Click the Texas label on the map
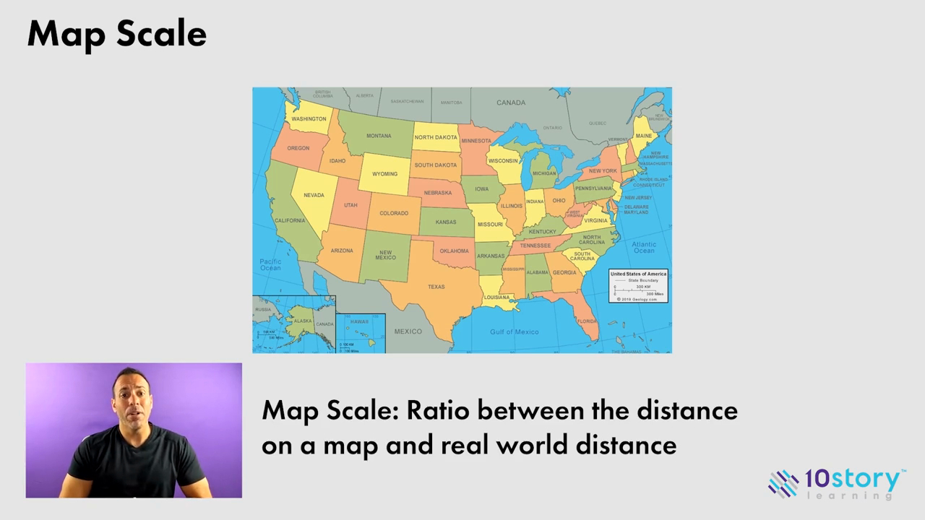point(436,287)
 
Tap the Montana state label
point(379,136)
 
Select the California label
point(290,220)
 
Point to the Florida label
point(586,321)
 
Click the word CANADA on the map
point(511,103)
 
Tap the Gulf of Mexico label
point(514,331)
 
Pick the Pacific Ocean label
point(270,264)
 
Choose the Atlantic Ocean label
point(644,247)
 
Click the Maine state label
point(643,136)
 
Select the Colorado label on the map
point(394,213)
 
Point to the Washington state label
point(309,119)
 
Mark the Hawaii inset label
point(359,321)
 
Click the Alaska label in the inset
point(302,321)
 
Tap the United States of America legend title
point(638,274)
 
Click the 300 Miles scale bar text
point(655,294)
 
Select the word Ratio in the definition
point(438,410)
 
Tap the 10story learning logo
point(836,483)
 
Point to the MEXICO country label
point(408,331)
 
